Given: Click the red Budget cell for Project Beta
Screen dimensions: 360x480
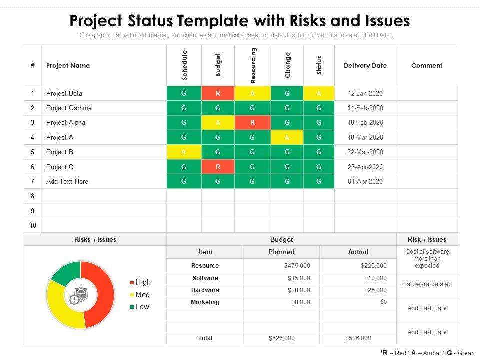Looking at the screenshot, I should [218, 93].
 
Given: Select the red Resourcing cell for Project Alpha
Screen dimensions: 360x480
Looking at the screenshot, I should [253, 122].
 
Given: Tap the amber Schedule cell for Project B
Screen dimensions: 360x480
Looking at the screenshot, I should [184, 152].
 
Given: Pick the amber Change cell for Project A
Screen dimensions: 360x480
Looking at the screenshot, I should [287, 137].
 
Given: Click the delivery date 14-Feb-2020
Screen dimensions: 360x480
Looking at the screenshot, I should [365, 108].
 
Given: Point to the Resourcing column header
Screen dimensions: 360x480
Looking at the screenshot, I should [253, 65].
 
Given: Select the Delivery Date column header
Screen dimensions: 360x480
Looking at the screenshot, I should [365, 65].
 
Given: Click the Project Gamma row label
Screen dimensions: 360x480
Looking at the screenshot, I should [69, 108].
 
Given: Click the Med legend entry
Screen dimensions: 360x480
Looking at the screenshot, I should [142, 295].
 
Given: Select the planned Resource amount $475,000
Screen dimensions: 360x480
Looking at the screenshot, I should [297, 266].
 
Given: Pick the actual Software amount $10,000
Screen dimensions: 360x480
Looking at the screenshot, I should [375, 278].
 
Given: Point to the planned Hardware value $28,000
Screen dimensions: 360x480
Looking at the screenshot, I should [299, 290].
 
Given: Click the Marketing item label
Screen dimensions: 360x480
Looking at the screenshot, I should [205, 302].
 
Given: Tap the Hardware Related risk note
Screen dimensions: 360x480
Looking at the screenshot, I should [426, 284].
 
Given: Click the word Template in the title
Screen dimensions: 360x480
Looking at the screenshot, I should [212, 21].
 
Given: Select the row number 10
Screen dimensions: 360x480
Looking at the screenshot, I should [33, 225].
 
